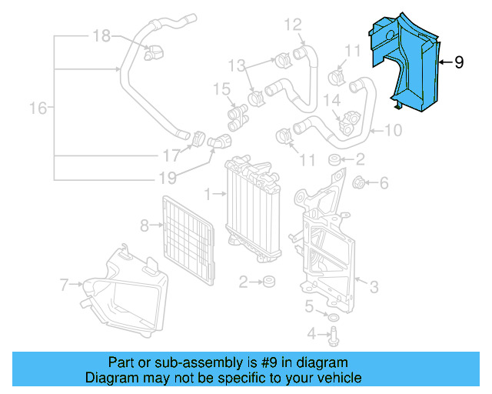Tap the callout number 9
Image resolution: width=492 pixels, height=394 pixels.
click(459, 62)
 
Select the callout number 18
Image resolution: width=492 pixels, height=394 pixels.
click(101, 35)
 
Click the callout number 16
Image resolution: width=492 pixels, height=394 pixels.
click(38, 109)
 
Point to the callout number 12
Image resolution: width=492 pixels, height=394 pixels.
click(294, 25)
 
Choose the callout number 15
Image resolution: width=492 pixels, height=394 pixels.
click(221, 90)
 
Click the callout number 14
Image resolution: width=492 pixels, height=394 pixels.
click(331, 99)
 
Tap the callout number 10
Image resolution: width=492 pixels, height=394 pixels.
click(393, 131)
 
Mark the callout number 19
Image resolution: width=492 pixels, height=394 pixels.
click(168, 178)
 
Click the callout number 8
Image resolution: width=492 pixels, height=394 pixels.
click(144, 225)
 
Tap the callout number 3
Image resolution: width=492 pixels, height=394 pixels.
click(374, 288)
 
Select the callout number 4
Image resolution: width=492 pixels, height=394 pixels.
click(311, 333)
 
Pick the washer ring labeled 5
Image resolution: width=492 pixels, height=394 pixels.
click(332, 317)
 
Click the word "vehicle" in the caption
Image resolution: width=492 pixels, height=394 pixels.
click(338, 378)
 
